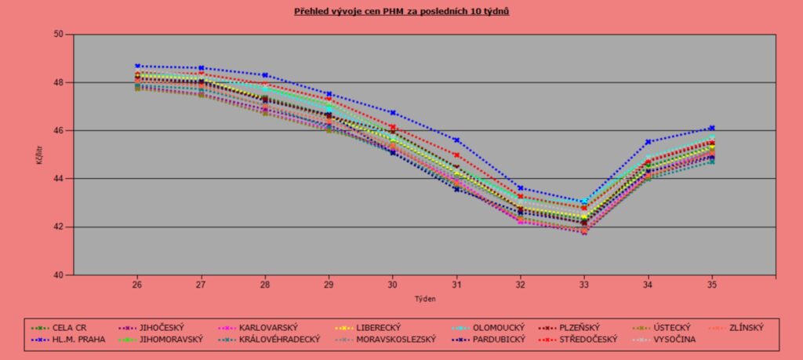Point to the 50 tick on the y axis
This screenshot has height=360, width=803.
(59, 35)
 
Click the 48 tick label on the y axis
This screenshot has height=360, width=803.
(59, 82)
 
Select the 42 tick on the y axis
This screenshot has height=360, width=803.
(59, 227)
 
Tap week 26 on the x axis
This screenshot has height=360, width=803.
(136, 284)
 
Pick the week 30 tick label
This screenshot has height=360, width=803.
(392, 284)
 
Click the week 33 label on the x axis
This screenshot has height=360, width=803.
(584, 284)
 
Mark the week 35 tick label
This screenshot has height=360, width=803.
(712, 284)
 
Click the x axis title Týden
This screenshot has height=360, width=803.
(424, 299)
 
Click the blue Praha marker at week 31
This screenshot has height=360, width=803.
(456, 140)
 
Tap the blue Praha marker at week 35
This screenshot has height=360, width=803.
(712, 128)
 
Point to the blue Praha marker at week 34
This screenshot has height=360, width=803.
(649, 142)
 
